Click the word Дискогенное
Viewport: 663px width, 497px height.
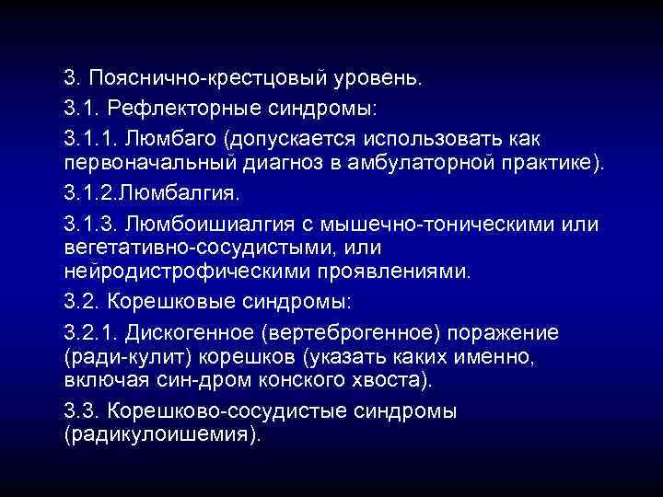click(x=200, y=331)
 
